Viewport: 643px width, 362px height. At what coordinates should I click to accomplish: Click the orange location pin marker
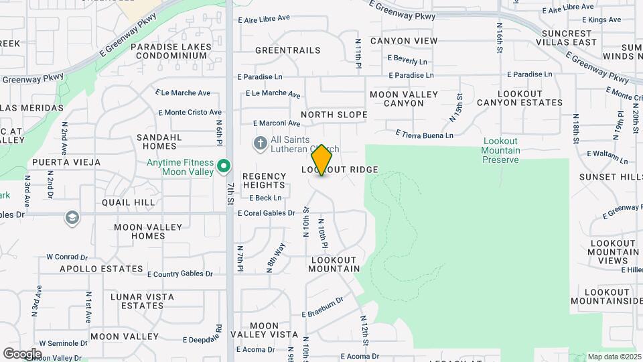click(322, 160)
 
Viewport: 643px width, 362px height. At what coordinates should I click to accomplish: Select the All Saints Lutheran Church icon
click(260, 143)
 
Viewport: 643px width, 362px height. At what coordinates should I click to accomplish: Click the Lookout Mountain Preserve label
click(501, 150)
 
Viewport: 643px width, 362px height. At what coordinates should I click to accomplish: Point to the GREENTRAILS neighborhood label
click(288, 50)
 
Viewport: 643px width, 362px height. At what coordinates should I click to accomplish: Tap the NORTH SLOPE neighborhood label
click(334, 115)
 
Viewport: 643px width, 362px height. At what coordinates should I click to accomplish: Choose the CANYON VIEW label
click(404, 41)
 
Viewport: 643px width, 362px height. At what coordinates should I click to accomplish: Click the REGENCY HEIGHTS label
click(265, 181)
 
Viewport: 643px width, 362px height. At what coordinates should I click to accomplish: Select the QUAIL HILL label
click(129, 202)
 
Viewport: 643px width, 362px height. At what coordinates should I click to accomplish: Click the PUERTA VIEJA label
click(65, 162)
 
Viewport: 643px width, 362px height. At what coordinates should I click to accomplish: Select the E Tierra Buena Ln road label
click(425, 135)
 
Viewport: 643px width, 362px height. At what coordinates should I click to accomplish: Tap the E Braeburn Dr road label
click(322, 308)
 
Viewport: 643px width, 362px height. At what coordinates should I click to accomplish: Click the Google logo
click(22, 353)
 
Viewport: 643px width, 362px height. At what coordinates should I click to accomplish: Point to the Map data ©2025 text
click(614, 357)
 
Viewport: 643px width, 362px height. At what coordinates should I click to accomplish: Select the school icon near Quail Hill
click(72, 218)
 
